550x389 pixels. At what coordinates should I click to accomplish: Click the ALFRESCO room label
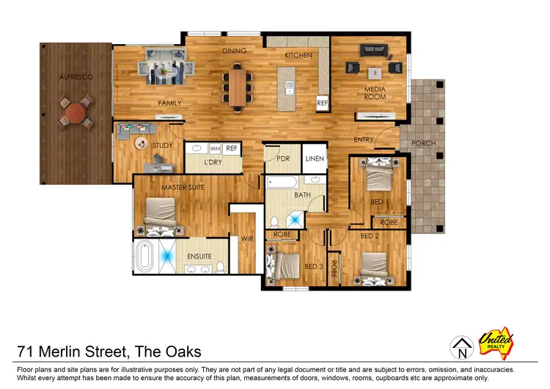tap(74, 76)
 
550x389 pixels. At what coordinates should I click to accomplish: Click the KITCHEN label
tap(298, 55)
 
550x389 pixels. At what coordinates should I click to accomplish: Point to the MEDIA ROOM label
tap(375, 94)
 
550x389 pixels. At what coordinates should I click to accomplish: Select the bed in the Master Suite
tap(162, 213)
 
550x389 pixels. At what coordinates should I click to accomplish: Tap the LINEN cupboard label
tap(315, 159)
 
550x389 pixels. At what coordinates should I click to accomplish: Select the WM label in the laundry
tap(215, 148)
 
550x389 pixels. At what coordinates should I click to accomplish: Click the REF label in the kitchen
tap(322, 104)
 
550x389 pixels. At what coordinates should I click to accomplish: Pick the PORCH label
tap(423, 144)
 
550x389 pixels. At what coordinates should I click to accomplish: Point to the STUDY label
tap(162, 145)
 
